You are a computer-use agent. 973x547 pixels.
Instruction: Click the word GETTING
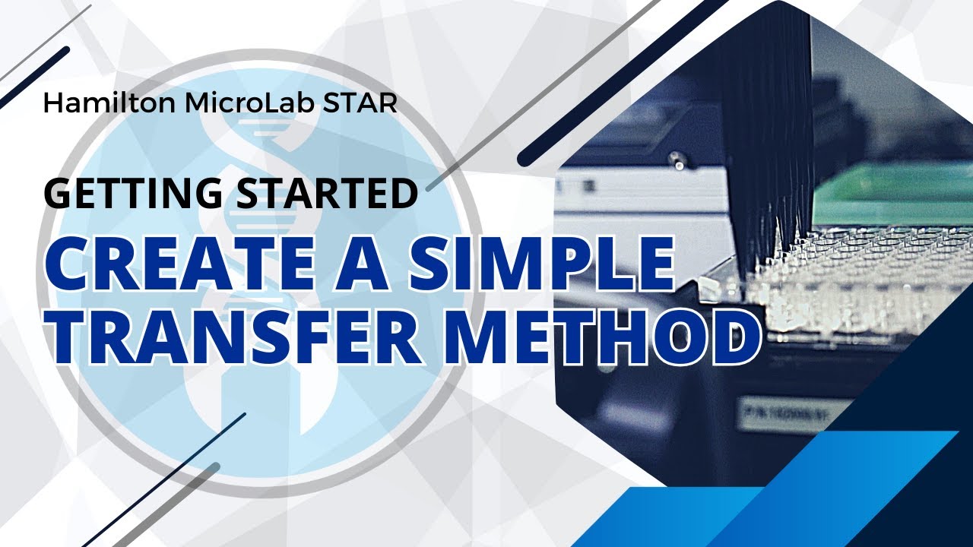pyautogui.click(x=129, y=193)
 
